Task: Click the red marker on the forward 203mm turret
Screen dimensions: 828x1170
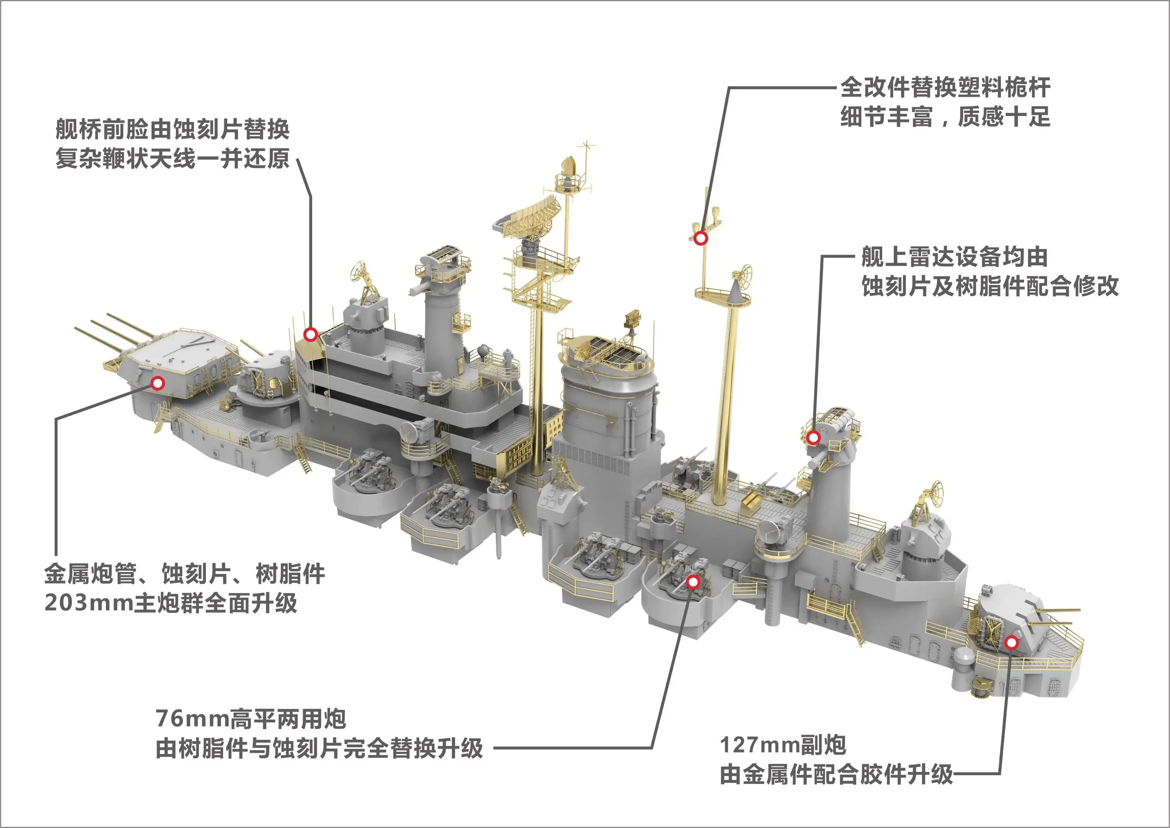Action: [x=158, y=383]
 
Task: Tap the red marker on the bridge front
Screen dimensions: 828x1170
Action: [x=311, y=335]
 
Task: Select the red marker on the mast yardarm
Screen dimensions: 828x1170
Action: [x=701, y=238]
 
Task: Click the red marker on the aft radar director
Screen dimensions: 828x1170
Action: [x=813, y=437]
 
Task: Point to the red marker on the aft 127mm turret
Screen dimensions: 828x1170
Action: [x=1011, y=643]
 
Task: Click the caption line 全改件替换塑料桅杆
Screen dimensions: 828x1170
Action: [x=945, y=87]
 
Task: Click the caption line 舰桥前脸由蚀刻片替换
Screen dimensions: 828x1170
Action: [x=173, y=129]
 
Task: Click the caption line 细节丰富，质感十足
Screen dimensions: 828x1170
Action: [x=945, y=117]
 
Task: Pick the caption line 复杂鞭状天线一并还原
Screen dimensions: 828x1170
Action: [x=173, y=158]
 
